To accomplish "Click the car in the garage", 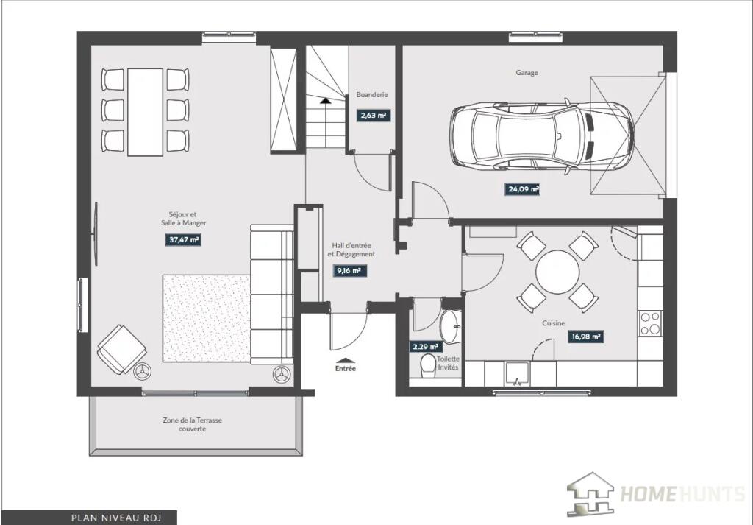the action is click(x=542, y=136).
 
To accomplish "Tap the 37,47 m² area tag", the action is click(x=183, y=239).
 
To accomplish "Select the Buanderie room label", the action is click(x=371, y=95).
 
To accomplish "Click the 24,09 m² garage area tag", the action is click(x=523, y=189).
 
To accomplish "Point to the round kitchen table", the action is click(x=557, y=271).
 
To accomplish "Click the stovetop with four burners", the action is click(x=650, y=323).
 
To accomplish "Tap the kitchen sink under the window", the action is click(x=517, y=374).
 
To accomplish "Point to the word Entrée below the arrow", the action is click(x=346, y=369).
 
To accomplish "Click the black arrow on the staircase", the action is click(x=326, y=100).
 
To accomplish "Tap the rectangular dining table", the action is click(x=145, y=112).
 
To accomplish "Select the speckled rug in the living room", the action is click(x=206, y=318).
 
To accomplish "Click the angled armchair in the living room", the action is click(x=122, y=349).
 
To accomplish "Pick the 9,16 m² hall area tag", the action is click(x=349, y=271).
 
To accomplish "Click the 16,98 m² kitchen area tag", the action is click(x=586, y=337).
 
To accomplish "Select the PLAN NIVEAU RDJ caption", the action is click(x=116, y=518).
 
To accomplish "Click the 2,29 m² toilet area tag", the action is click(x=425, y=347).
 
